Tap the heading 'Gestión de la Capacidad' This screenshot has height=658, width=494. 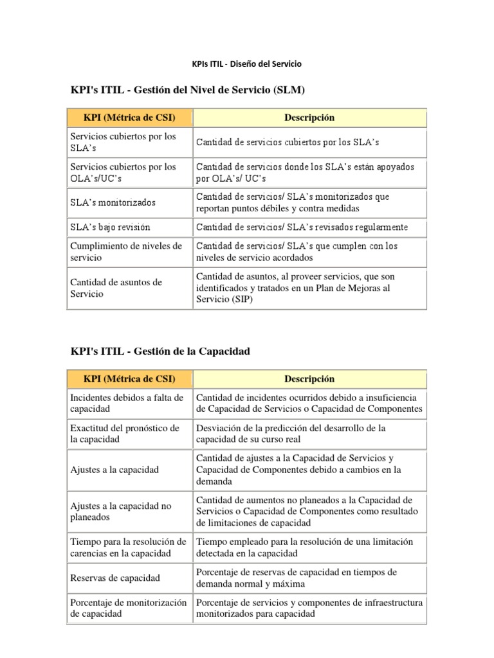point(205,351)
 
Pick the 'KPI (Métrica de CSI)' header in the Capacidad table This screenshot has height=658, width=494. point(129,379)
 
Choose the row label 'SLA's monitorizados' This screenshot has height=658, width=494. point(113,202)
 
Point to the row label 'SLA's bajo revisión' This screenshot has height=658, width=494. point(110,227)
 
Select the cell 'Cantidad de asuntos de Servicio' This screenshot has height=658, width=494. point(116,288)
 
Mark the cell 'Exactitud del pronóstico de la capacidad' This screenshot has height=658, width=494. point(124,434)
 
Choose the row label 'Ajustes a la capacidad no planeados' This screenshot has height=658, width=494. point(121,511)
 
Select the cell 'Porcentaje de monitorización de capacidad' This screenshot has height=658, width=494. point(128,609)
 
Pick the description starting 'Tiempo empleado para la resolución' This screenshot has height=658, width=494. point(303,547)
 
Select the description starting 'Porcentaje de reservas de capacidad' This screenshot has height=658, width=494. point(296,578)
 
